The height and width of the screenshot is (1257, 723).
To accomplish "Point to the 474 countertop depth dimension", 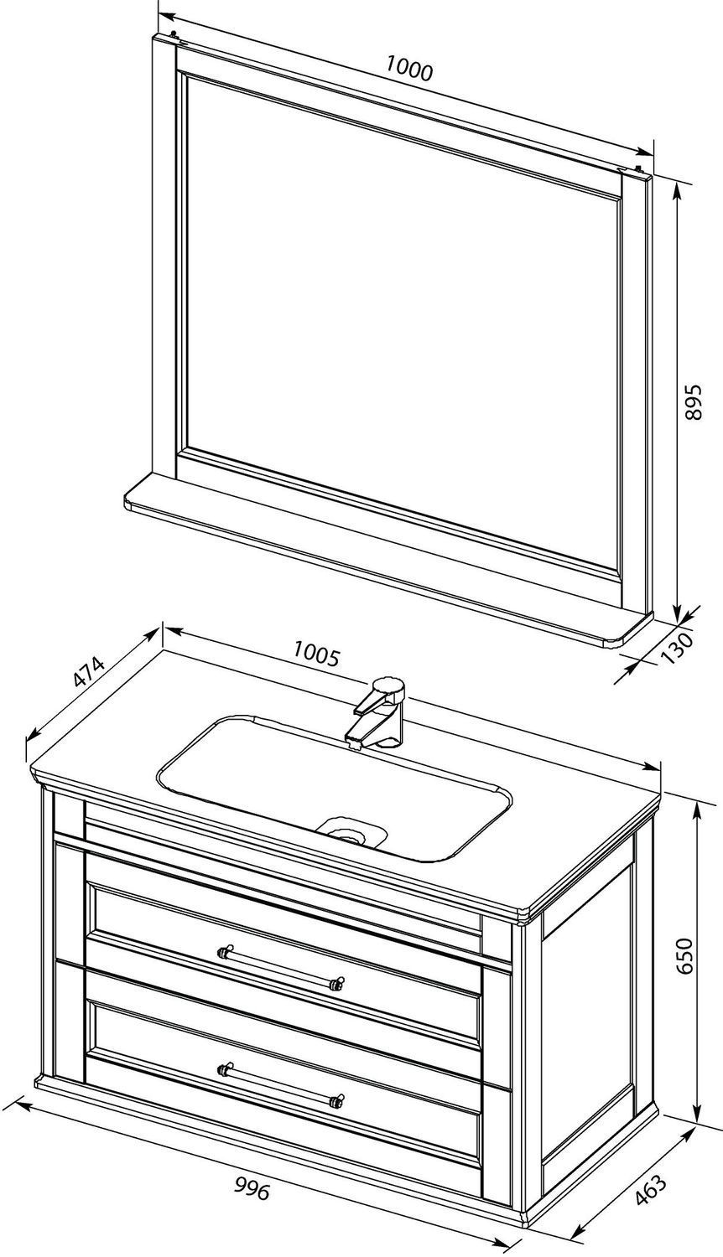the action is [x=89, y=672].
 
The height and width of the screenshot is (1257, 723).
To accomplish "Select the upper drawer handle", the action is [x=281, y=966].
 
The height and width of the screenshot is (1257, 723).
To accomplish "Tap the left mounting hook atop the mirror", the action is [x=175, y=35].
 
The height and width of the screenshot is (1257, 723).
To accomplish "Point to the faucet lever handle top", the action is [x=388, y=686].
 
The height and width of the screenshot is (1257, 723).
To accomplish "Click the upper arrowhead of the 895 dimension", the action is [x=677, y=189].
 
